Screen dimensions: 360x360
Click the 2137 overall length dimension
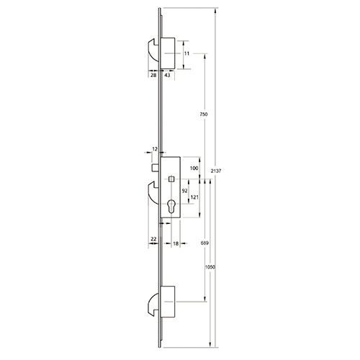click(x=216, y=171)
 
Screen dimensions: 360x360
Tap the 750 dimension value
click(x=204, y=114)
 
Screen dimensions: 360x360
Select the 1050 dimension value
click(x=210, y=267)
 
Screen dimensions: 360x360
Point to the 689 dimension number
click(x=204, y=243)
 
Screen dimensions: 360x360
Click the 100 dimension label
click(x=194, y=168)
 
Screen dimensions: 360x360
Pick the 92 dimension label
click(x=184, y=191)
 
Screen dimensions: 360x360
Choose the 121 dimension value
click(x=194, y=197)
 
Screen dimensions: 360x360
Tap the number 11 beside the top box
click(x=186, y=53)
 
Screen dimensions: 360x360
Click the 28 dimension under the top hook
click(x=153, y=75)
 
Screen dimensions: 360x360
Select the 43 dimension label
click(x=167, y=75)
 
